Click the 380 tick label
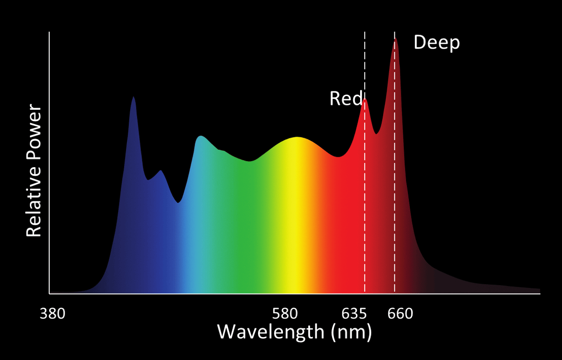[x=52, y=313]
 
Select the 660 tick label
[x=400, y=313]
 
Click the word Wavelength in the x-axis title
[x=271, y=332]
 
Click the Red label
[x=346, y=99]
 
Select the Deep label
[x=436, y=43]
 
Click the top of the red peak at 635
[x=365, y=99]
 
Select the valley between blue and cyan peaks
[x=178, y=203]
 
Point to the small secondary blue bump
[x=161, y=171]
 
